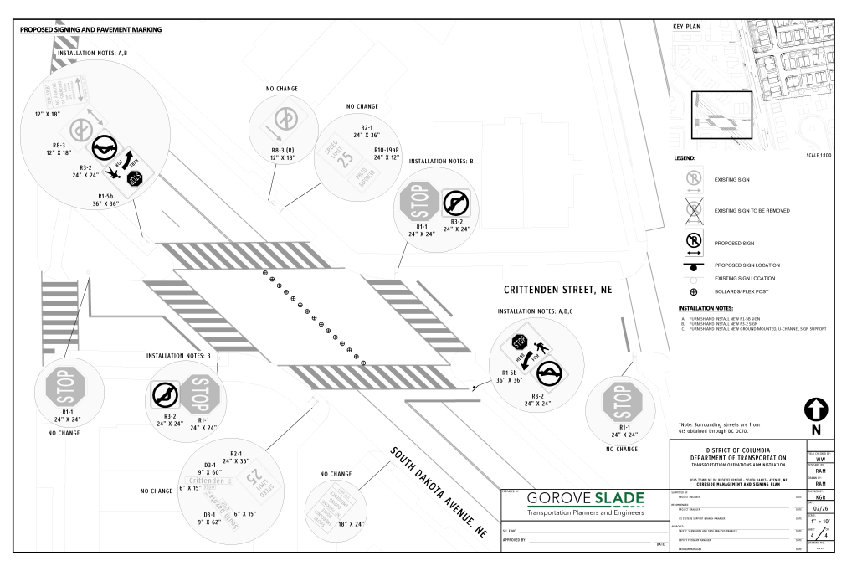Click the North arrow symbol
[x=815, y=409]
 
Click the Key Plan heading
[x=686, y=27]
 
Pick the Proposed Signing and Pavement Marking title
[x=89, y=30]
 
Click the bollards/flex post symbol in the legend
[x=693, y=291]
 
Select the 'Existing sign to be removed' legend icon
[x=693, y=210]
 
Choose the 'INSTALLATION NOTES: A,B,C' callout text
[x=535, y=312]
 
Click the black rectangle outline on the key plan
[x=721, y=113]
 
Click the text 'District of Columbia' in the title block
[x=737, y=450]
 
